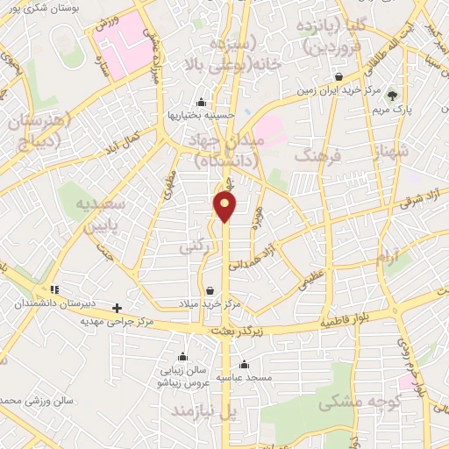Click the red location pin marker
tap(226, 206)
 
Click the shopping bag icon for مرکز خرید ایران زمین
tap(339, 77)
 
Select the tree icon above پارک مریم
tap(393, 96)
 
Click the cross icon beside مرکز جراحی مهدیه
tap(118, 307)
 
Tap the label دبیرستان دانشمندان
tap(49, 304)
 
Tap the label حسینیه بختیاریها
tap(201, 115)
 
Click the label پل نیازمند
tap(205, 410)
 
